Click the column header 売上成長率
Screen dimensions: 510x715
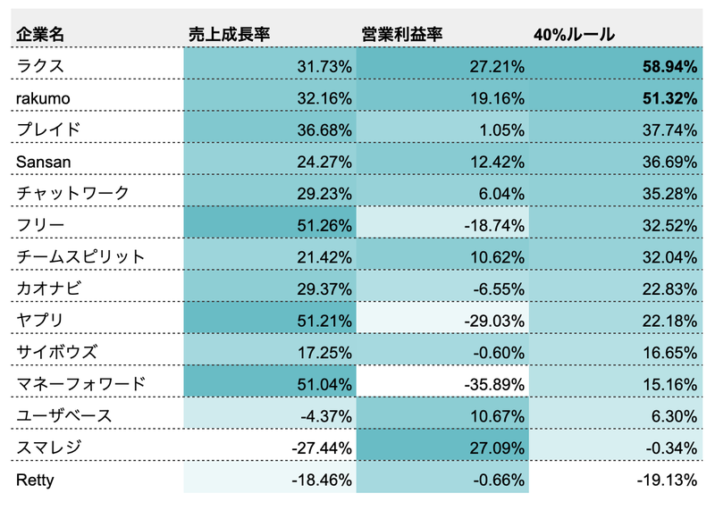point(229,34)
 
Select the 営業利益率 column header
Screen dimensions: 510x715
point(401,34)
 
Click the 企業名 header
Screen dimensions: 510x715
point(39,34)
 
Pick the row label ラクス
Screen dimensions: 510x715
point(41,65)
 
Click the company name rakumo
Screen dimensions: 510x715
point(43,97)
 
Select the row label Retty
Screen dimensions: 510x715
point(36,481)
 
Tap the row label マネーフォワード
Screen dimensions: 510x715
point(80,385)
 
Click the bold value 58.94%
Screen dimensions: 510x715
point(669,65)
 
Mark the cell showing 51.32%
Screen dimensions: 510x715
point(669,97)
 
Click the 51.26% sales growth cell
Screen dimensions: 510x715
point(324,225)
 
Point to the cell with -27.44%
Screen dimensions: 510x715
point(322,448)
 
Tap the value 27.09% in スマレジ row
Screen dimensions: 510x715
point(497,448)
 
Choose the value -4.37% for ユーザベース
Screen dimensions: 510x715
point(325,417)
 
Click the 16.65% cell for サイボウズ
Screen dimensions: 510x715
point(669,353)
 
